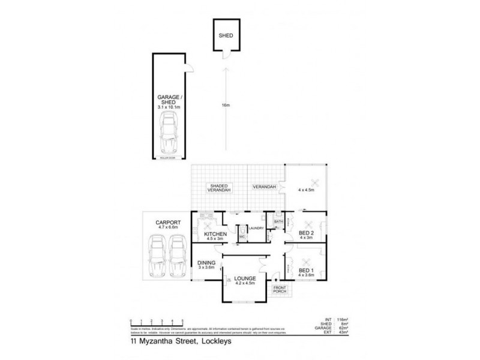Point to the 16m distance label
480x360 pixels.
coord(225,106)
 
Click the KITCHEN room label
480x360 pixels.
coord(215,233)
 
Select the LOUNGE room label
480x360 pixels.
coord(246,278)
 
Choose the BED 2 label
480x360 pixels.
coord(306,232)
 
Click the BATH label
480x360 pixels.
coord(278,222)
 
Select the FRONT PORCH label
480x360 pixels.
coord(280,290)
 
